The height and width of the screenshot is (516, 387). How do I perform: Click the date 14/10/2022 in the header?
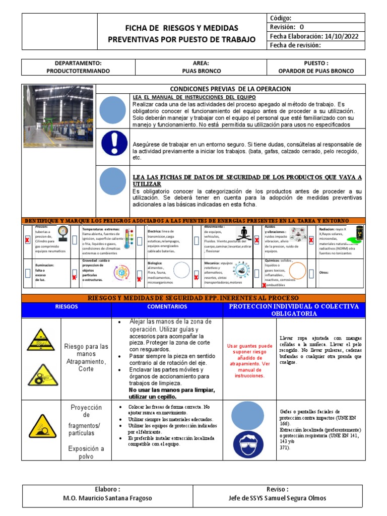(x=342, y=36)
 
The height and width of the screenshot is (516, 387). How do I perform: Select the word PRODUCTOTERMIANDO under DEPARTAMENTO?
(x=78, y=71)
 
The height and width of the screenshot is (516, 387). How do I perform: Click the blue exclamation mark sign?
(x=114, y=143)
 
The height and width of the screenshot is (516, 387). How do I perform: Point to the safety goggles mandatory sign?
(x=250, y=445)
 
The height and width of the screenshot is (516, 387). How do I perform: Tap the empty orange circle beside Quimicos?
(x=298, y=272)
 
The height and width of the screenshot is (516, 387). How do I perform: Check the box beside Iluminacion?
(x=28, y=273)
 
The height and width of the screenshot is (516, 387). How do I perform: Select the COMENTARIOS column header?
(x=167, y=306)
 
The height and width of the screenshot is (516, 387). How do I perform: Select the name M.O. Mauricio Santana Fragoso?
(x=107, y=498)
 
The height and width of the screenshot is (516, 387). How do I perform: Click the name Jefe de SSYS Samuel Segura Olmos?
(x=277, y=498)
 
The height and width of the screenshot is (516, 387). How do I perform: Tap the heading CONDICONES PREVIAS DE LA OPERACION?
(x=230, y=89)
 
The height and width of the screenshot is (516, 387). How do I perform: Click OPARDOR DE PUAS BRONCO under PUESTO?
(x=316, y=71)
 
